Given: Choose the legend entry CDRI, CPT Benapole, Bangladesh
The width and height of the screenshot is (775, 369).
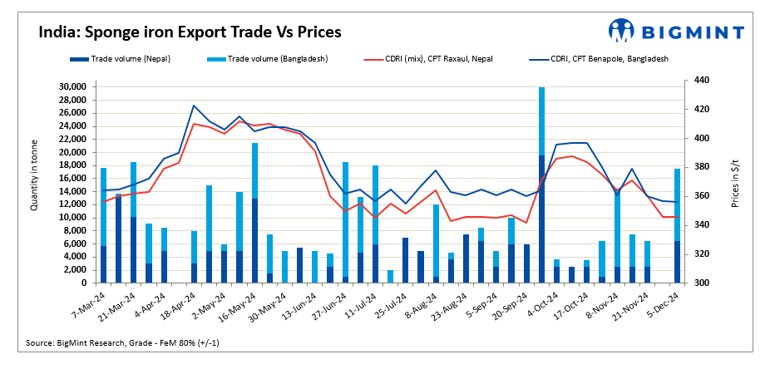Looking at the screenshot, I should (599, 59).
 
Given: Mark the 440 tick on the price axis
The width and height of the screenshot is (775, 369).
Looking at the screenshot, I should (695, 81).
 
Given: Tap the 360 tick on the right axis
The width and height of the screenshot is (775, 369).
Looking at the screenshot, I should (695, 196).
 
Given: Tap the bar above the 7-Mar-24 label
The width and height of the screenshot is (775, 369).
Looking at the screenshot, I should (103, 224).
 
